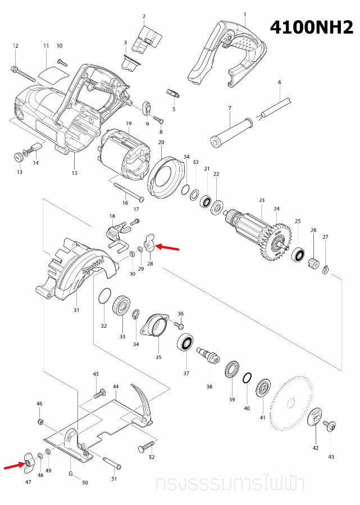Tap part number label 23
[x=261, y=200]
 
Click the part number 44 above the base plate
[x=116, y=387]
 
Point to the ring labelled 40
[x=247, y=379]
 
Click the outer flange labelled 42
[x=316, y=417]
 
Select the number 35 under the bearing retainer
[x=158, y=357]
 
